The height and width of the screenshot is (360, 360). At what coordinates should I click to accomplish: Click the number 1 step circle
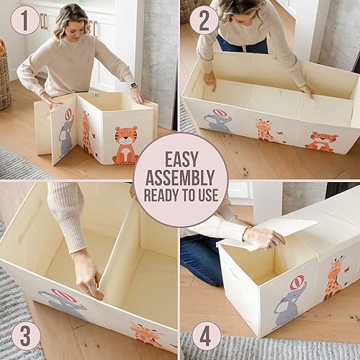pyautogui.click(x=24, y=20)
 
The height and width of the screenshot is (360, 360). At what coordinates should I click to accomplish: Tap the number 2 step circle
pyautogui.click(x=204, y=20)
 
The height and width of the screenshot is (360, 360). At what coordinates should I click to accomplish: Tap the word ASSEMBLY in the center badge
pyautogui.click(x=179, y=176)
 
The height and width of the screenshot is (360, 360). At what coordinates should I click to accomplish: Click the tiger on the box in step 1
pyautogui.click(x=126, y=144)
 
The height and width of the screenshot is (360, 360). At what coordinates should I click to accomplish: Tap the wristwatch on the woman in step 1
pyautogui.click(x=133, y=86)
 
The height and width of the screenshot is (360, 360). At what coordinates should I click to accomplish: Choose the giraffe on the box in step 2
pyautogui.click(x=264, y=130)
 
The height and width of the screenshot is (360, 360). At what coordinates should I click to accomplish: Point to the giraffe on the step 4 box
pyautogui.click(x=333, y=277)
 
